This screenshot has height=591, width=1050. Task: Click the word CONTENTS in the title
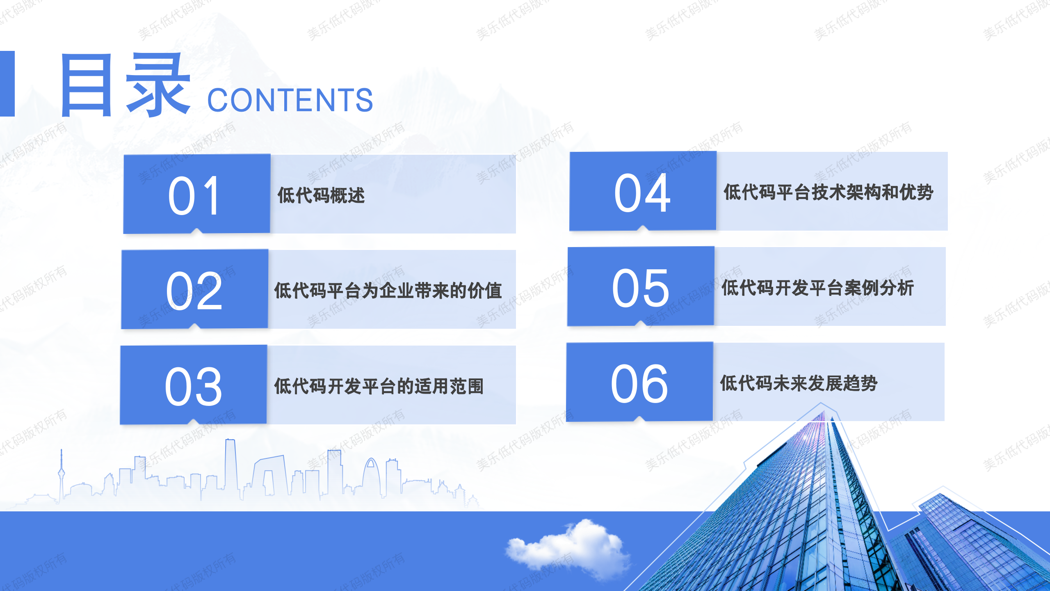coord(290,100)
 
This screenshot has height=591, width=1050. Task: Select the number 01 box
coord(197,194)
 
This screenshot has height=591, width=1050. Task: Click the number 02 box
coord(195,289)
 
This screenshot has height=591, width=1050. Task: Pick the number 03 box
coord(194,385)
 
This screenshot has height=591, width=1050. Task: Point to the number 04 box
coord(643,191)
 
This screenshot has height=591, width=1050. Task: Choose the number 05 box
coord(641,287)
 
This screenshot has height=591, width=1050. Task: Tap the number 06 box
coord(640,382)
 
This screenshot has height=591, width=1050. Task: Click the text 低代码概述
coord(321,195)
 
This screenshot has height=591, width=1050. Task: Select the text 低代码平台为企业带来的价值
coord(388,291)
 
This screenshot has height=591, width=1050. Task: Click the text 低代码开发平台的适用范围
coord(379,386)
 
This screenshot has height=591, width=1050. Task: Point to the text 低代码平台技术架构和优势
coord(829,192)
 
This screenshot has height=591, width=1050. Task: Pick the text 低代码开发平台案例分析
coord(817,288)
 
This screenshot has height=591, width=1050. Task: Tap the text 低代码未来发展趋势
coord(799,383)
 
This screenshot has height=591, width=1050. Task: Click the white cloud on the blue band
coord(568,546)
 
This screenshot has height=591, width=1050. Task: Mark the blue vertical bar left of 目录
coord(7,84)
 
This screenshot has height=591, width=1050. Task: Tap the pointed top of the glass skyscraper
coord(821,404)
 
